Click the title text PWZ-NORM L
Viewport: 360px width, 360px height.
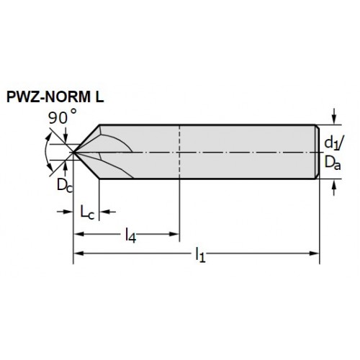(55, 97)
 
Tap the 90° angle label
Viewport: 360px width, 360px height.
(63, 117)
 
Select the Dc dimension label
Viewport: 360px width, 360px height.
(64, 185)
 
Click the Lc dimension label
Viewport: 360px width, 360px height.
(87, 212)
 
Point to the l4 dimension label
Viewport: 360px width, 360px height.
(130, 235)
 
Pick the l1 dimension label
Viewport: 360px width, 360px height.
(200, 254)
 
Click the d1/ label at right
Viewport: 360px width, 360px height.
(333, 143)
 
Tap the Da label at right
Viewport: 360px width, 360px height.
(333, 163)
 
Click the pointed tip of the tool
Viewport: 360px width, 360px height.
(73, 152)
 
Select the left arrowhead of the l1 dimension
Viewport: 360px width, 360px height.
(78, 253)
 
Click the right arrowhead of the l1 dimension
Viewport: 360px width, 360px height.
(315, 253)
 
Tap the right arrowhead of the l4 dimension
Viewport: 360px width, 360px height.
(174, 234)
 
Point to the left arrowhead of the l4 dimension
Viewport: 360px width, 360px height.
(78, 234)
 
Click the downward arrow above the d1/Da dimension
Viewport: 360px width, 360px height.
(334, 117)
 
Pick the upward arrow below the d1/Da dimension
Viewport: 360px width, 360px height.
(334, 187)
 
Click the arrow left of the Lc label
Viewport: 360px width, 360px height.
(65, 212)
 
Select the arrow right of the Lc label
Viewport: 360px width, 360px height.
(107, 212)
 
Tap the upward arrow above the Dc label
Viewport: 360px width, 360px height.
(64, 168)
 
